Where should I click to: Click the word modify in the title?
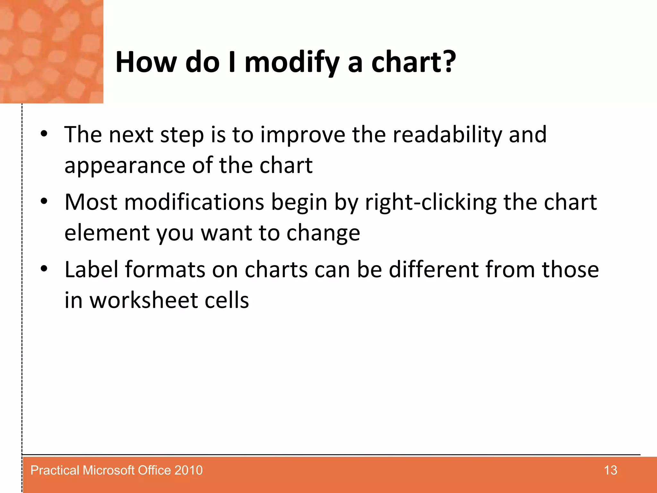click(291, 63)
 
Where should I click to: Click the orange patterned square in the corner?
click(51, 51)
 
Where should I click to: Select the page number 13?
click(610, 471)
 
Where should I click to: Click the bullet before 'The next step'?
click(44, 134)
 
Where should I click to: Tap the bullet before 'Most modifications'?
click(44, 201)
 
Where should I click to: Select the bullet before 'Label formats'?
click(44, 269)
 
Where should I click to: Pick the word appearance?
click(124, 166)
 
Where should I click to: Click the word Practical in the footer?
click(55, 471)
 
